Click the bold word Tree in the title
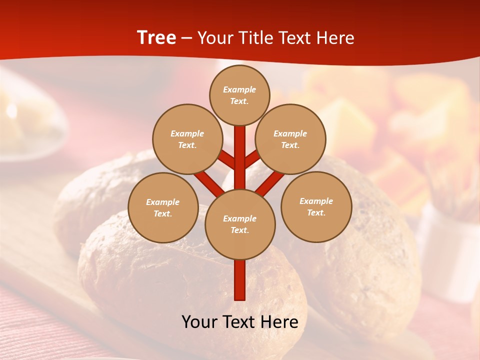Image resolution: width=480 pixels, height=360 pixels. [156, 38]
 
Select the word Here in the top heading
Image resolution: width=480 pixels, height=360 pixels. [335, 38]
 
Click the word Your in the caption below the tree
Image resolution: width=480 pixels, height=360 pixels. [200, 322]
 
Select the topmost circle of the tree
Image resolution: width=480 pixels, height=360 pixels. [239, 95]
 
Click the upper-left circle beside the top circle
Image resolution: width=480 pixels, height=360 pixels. [187, 139]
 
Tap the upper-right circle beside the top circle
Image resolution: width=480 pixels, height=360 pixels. [290, 139]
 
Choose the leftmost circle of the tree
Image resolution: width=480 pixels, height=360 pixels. [163, 207]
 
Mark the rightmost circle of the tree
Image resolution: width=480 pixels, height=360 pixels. [316, 206]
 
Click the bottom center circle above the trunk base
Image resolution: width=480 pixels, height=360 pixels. [240, 224]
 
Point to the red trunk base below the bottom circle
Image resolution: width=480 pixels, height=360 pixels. [240, 280]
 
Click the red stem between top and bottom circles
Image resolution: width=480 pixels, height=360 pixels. [240, 160]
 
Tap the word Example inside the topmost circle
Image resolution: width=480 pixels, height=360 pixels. [239, 89]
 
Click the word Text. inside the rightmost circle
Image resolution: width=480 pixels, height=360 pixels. [316, 212]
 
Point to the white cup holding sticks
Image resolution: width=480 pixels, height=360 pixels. [447, 250]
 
